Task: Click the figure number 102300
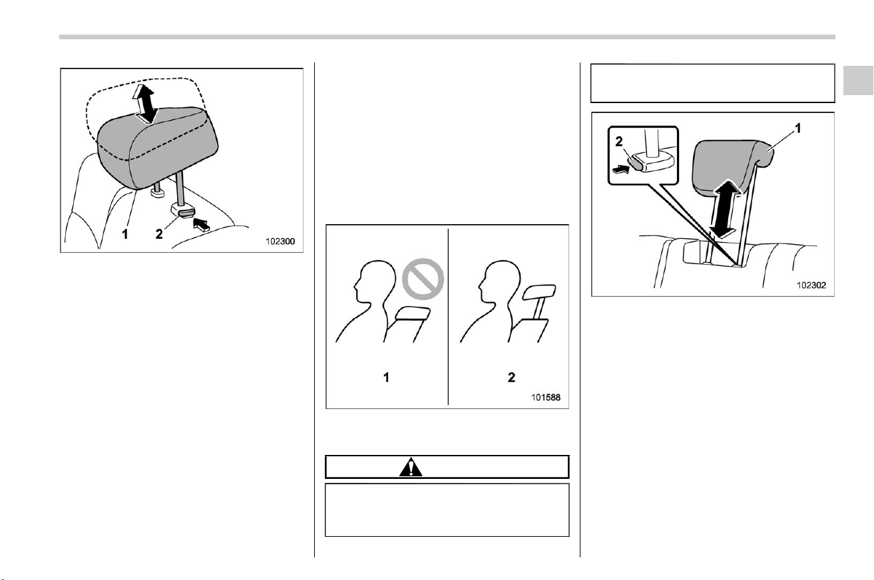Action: [280, 241]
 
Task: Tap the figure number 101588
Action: [545, 397]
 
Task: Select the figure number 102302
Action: [811, 285]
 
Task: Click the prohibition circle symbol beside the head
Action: [423, 279]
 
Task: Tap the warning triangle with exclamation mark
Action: [411, 468]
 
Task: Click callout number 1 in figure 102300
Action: [125, 234]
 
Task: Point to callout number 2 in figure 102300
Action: [159, 234]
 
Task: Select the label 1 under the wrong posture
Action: [386, 377]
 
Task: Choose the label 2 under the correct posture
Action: [511, 377]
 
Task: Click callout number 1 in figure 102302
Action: [798, 128]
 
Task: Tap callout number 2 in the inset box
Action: [619, 141]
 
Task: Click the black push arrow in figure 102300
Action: [201, 225]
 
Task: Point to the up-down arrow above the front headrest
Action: [144, 104]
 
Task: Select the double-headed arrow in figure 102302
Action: [725, 209]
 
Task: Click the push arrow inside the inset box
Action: [621, 169]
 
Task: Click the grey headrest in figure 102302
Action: [730, 168]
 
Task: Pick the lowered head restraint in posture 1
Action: [413, 313]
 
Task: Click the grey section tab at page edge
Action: [858, 80]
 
